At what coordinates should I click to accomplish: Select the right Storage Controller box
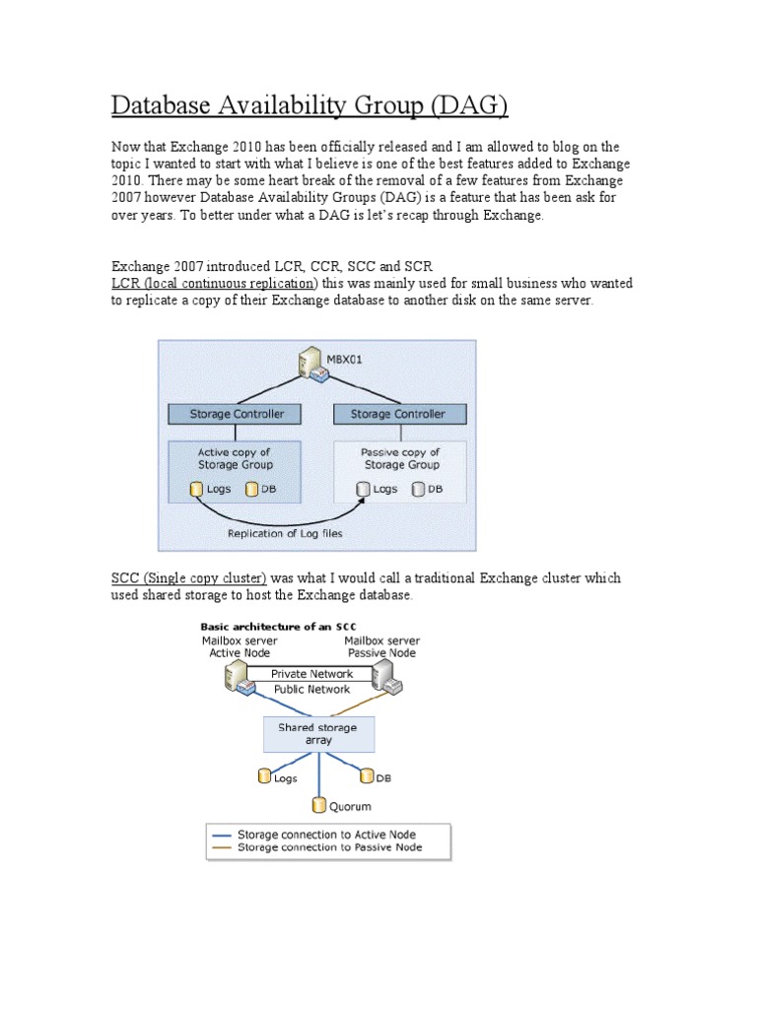(x=397, y=415)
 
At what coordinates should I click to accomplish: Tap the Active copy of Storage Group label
(x=234, y=458)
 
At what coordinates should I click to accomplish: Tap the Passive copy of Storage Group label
(x=401, y=458)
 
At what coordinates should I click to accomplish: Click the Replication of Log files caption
(x=285, y=533)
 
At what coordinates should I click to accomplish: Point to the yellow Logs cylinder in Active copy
(x=197, y=489)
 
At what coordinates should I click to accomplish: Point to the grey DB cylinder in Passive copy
(x=418, y=489)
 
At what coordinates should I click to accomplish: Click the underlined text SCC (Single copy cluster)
(x=188, y=578)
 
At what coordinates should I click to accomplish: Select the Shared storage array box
(x=316, y=733)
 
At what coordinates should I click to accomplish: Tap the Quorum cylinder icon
(x=317, y=805)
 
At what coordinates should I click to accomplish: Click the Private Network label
(x=311, y=674)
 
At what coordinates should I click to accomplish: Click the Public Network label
(x=311, y=690)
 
